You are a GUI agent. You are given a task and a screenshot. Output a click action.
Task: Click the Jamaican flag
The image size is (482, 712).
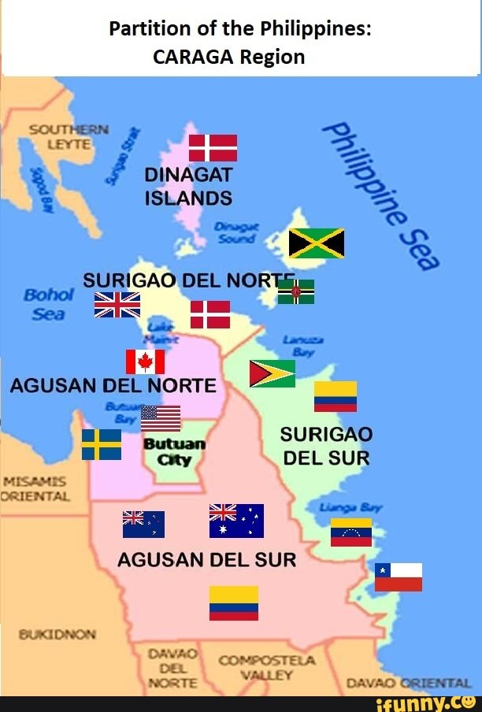[317, 243]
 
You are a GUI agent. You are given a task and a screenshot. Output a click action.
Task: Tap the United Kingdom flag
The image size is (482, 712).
[117, 304]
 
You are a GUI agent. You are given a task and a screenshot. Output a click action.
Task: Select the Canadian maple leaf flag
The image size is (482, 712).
[146, 362]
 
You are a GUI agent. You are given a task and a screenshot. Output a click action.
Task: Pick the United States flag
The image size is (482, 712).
[161, 418]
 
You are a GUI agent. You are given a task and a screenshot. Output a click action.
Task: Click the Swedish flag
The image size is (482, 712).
[102, 444]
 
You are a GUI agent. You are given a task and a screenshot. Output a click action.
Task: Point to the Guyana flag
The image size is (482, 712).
[272, 373]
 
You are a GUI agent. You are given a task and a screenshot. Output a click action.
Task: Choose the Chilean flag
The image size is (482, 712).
[398, 577]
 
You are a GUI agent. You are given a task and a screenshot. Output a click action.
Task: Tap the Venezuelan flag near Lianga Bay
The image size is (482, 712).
[351, 532]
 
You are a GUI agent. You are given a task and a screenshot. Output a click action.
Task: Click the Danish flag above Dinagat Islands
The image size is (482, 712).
[213, 147]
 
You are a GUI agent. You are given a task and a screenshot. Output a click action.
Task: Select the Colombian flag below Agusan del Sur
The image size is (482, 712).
[234, 603]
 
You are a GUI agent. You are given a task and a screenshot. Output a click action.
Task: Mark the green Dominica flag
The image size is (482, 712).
[296, 291]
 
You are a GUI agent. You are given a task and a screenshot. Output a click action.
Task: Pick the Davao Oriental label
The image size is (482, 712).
[407, 683]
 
